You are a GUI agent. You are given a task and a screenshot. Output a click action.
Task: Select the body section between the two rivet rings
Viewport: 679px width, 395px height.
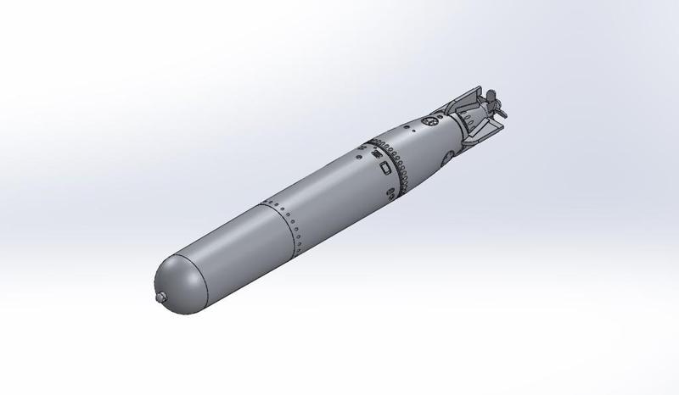pyautogui.click(x=331, y=182)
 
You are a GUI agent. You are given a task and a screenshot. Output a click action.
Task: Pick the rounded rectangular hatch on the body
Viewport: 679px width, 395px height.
pyautogui.click(x=386, y=168)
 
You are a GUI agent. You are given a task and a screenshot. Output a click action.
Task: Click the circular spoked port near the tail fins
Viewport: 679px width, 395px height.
pyautogui.click(x=431, y=124)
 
